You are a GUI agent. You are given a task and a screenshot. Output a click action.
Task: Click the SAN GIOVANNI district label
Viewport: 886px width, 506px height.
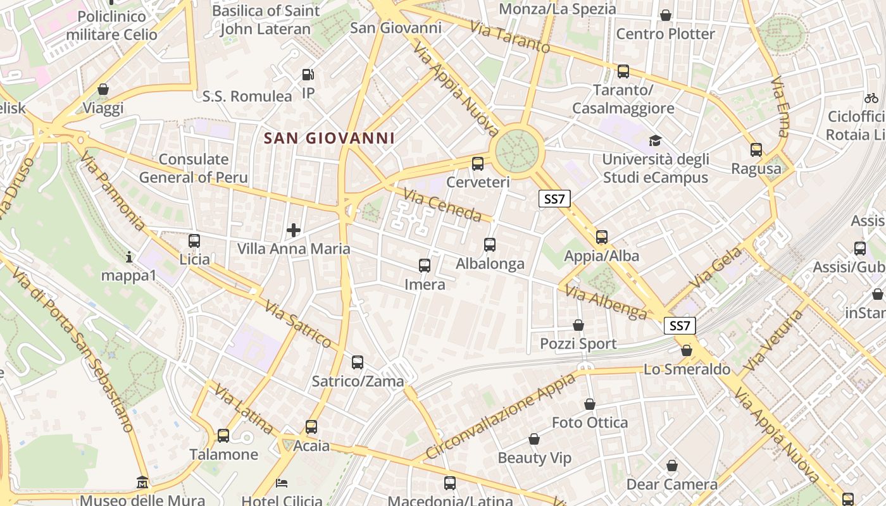(329, 138)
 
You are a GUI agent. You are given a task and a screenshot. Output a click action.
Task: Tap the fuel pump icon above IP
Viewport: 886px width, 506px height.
(308, 75)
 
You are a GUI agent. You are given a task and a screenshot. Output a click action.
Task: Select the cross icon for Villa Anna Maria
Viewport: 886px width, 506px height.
(294, 230)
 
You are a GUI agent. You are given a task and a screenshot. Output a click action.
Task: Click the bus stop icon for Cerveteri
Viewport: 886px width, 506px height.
(478, 164)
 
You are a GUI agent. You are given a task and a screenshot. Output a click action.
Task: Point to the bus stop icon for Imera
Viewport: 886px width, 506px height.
(425, 266)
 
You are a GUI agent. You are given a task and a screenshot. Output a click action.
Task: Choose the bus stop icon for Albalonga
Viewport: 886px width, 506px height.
(489, 245)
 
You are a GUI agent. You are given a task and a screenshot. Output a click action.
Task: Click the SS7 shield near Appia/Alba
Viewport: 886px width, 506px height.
(554, 199)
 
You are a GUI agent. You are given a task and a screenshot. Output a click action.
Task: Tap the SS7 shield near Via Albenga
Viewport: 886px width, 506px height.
(680, 326)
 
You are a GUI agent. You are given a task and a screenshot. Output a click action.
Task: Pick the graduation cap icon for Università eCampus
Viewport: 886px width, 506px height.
(655, 140)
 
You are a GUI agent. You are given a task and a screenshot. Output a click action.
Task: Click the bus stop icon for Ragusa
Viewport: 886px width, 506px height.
(756, 150)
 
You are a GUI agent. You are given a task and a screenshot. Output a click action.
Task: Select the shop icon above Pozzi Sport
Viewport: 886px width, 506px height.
(578, 325)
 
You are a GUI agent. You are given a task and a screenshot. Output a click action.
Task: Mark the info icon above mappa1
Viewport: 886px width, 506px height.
(129, 257)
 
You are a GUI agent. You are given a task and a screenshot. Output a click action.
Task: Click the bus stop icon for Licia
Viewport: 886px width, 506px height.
(194, 241)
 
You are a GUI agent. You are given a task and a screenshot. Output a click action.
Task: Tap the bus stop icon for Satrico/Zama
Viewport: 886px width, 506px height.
(358, 362)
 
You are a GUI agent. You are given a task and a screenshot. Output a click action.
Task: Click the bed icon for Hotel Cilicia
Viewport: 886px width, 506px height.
(282, 483)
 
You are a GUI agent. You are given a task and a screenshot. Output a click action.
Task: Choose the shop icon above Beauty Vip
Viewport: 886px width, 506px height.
(534, 439)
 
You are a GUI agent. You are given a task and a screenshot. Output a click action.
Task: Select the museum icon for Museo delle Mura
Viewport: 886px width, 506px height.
(142, 483)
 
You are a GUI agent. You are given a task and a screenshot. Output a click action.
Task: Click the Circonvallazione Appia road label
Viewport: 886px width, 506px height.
(501, 416)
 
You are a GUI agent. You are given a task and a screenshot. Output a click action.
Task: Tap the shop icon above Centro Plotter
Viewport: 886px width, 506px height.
(665, 15)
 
